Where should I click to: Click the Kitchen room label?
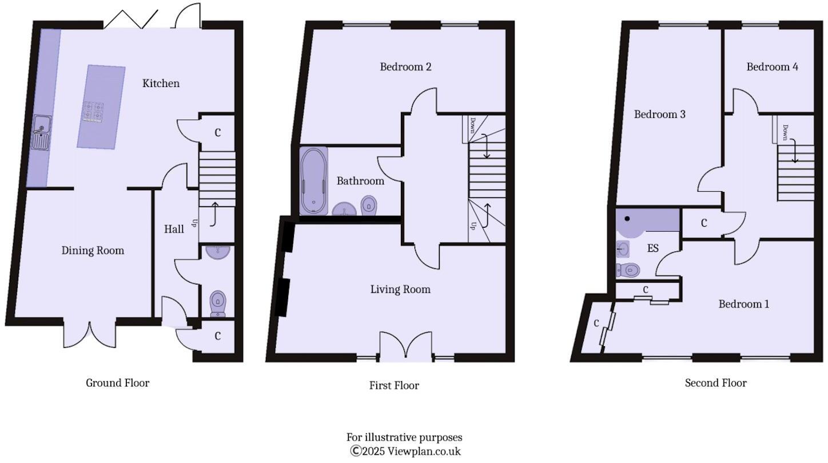click(161, 84)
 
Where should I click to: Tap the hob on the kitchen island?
click(93, 112)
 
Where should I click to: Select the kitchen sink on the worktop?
click(41, 133)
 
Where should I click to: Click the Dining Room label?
click(93, 251)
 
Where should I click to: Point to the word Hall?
click(174, 229)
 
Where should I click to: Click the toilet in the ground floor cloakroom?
click(218, 304)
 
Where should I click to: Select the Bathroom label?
click(360, 181)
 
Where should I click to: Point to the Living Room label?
click(401, 289)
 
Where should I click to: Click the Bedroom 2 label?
click(405, 67)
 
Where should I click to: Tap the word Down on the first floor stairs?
click(473, 125)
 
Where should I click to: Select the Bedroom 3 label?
click(660, 114)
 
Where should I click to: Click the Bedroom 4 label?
click(772, 67)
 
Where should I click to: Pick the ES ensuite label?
click(653, 248)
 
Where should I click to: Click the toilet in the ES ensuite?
click(628, 270)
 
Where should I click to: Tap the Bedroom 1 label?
click(744, 304)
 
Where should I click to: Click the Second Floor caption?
click(715, 383)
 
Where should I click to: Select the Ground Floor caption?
click(118, 383)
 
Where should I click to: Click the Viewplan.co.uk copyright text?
click(405, 451)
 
